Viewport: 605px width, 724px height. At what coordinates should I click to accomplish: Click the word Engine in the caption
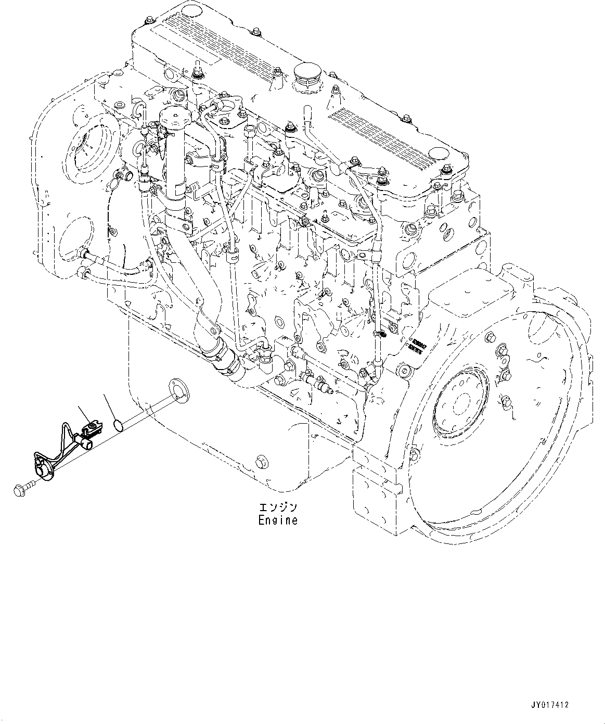point(278,520)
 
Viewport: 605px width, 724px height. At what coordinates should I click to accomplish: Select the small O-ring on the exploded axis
point(119,425)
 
